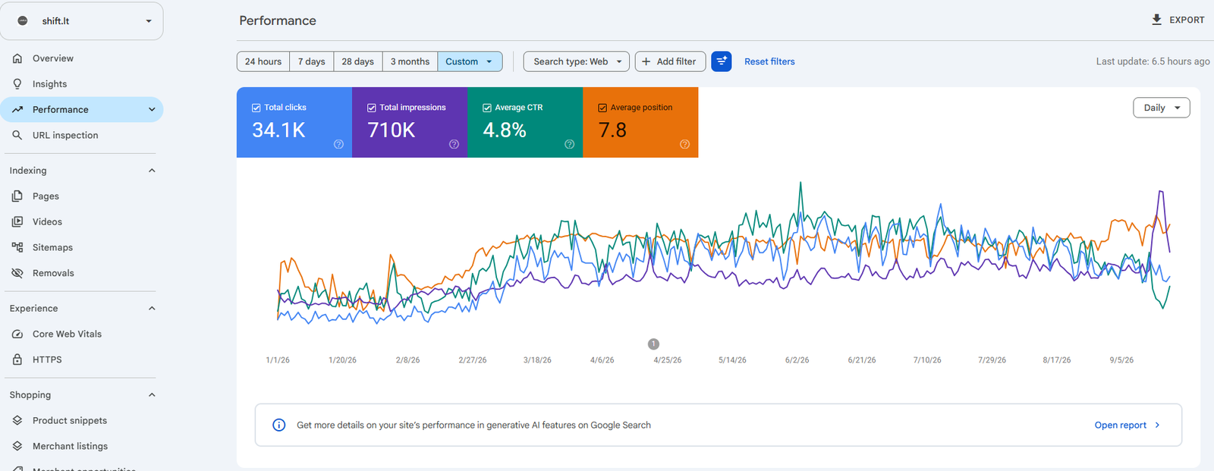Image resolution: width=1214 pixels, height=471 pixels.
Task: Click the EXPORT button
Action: (x=1178, y=20)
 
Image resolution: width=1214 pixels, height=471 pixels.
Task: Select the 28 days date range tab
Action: (x=357, y=61)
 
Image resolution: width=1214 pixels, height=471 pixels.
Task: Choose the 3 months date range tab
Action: (x=410, y=61)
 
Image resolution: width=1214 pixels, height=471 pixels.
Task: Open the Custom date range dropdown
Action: (x=470, y=61)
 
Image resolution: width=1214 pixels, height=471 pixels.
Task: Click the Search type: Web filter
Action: (x=576, y=61)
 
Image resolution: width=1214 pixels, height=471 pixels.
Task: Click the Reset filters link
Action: (x=769, y=61)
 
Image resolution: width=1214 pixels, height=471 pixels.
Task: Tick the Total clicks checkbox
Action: (x=256, y=108)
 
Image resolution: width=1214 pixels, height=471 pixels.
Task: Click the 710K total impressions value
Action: (x=392, y=130)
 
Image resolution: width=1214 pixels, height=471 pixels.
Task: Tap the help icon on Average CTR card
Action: (x=569, y=144)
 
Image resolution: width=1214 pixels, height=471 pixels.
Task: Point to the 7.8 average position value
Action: (x=612, y=130)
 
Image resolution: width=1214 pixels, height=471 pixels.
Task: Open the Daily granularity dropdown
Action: (x=1162, y=108)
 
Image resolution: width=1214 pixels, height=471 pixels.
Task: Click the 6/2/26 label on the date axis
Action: (x=797, y=360)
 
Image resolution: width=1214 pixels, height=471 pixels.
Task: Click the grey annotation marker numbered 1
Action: (x=653, y=344)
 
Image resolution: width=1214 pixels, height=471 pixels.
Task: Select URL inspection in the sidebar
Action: (x=65, y=135)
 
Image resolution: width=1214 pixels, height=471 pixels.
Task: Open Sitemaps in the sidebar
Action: (x=52, y=247)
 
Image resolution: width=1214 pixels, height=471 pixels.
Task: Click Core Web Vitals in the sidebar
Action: (x=67, y=334)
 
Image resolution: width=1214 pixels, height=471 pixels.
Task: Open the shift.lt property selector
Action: (x=82, y=21)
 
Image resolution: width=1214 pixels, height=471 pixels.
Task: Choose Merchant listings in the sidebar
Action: (x=70, y=446)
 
